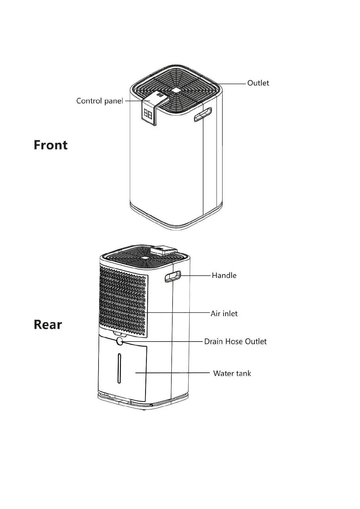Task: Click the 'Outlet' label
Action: click(258, 83)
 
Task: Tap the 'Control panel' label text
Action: click(99, 101)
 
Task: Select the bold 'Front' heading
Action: click(50, 145)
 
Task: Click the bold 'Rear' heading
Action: click(48, 325)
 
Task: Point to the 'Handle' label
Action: click(224, 275)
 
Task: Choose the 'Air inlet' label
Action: click(224, 314)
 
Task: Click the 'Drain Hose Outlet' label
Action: click(235, 342)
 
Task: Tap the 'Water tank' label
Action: click(232, 374)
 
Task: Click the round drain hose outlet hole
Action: click(120, 342)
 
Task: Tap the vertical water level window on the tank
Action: click(119, 368)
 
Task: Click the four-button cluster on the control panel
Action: click(148, 114)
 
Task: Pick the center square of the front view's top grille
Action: click(176, 90)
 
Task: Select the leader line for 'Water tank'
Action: click(172, 373)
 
